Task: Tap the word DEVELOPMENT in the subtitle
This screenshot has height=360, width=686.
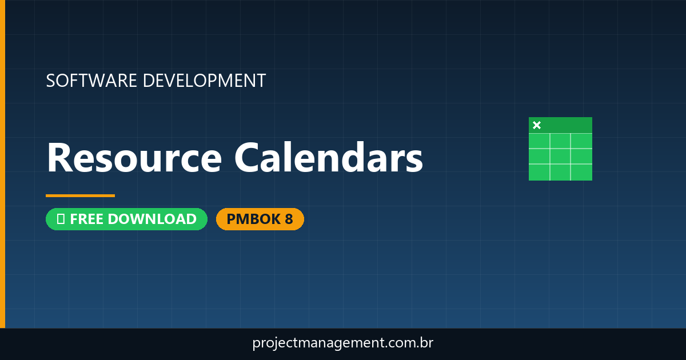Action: [204, 81]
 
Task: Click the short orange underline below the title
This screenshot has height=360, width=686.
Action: [80, 195]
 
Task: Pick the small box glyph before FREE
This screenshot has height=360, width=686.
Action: [61, 219]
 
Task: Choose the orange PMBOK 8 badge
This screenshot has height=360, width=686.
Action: [260, 219]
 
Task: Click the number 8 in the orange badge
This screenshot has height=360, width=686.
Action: [289, 219]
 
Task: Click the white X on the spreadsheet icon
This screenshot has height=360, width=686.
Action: [536, 125]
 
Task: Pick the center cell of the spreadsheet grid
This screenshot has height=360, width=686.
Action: [560, 156]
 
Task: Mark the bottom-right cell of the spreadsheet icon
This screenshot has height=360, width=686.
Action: [581, 171]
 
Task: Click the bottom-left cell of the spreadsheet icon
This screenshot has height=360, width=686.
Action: [539, 171]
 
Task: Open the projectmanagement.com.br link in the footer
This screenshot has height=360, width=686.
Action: [342, 343]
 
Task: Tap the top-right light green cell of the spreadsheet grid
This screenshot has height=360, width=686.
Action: [581, 141]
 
